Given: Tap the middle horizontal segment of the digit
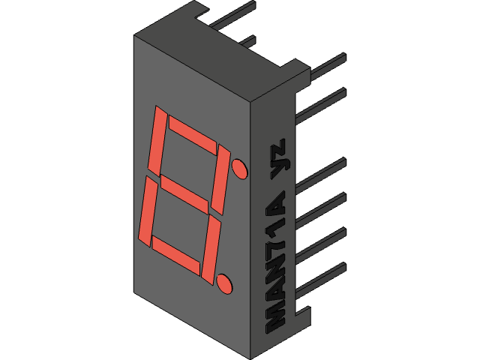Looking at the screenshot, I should pyautogui.click(x=184, y=193).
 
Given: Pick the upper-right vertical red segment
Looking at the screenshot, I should pyautogui.click(x=221, y=179).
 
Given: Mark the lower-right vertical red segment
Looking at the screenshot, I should pyautogui.click(x=212, y=249).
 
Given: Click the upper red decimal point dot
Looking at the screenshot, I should pyautogui.click(x=240, y=168).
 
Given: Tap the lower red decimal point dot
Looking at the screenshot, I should pyautogui.click(x=224, y=283).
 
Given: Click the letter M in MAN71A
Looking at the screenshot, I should pyautogui.click(x=277, y=319).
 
